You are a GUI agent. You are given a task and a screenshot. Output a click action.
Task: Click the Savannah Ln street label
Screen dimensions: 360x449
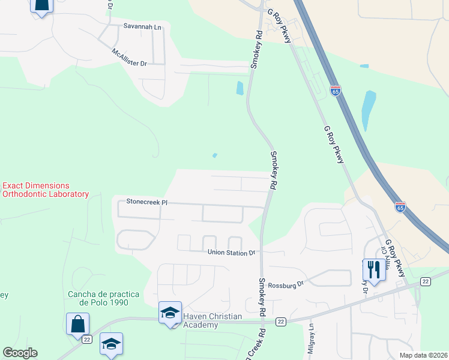[143, 26]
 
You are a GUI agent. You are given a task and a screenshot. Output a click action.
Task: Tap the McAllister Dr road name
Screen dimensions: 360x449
[129, 58]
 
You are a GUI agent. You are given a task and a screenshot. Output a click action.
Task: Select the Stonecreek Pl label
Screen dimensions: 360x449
[145, 203]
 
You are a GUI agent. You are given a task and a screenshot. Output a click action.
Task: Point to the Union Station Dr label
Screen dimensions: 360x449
[232, 253]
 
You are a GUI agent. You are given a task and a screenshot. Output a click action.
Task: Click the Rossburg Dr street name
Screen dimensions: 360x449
[287, 286]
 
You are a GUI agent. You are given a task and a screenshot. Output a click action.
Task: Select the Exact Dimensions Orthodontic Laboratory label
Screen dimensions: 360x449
[45, 190]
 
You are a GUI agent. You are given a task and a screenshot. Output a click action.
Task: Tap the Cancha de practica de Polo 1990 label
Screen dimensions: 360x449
[104, 298]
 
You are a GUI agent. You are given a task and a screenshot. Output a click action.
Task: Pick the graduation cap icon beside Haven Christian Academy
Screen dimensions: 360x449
[170, 312]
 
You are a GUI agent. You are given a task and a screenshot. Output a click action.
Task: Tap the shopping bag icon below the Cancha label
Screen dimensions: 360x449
[78, 324]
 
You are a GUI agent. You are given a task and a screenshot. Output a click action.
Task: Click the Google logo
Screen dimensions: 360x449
[20, 352]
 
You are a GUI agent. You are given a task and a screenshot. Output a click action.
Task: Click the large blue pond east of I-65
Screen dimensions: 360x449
[368, 111]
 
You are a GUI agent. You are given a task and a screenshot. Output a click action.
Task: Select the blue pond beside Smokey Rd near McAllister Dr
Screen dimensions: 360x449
[240, 88]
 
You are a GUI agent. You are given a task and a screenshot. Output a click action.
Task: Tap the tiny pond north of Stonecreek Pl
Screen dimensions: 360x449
[214, 156]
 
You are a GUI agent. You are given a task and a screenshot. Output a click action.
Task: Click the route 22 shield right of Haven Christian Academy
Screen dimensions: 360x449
[280, 322]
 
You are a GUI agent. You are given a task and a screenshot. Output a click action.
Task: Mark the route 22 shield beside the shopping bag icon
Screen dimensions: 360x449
[87, 340]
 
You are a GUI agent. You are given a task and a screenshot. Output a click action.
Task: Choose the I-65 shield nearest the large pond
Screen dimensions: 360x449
[336, 91]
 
